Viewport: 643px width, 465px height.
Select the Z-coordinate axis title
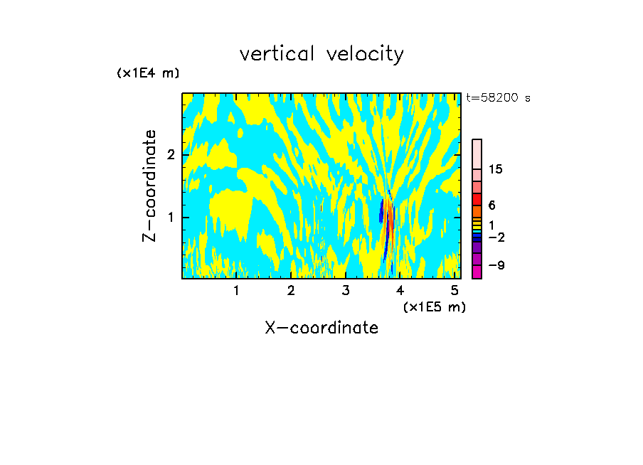coord(149,186)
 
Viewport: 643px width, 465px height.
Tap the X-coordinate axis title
coord(321,328)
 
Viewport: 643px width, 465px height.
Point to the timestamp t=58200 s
coord(499,98)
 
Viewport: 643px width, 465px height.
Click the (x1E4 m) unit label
coord(148,73)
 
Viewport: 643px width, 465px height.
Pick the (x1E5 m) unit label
coord(434,306)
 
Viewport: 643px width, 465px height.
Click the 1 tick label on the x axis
coord(236,291)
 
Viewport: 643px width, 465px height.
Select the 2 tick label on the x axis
coord(291,291)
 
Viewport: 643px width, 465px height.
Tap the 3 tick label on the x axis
coord(346,291)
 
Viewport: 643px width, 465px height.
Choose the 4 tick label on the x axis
coord(400,291)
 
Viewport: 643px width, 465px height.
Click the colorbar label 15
coord(496,169)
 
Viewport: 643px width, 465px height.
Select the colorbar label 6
coord(491,205)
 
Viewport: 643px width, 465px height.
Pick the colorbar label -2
coord(496,237)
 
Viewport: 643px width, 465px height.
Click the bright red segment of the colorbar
coord(477,200)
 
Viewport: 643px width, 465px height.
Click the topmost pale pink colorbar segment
coord(477,154)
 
